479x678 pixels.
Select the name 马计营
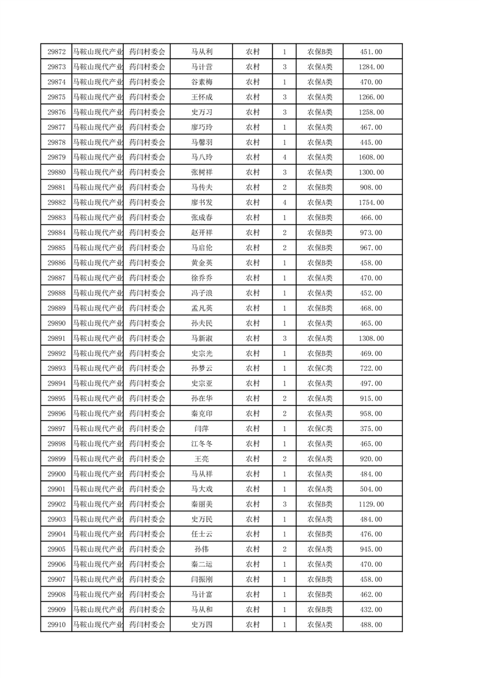tap(202, 67)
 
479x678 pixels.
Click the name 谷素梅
tap(202, 82)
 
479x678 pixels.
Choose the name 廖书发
tap(202, 202)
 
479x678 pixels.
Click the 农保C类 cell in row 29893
tap(320, 369)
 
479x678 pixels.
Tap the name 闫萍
tap(202, 428)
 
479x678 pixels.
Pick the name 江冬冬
tap(202, 444)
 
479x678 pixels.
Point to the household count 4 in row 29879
tap(285, 157)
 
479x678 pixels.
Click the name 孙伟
tap(202, 549)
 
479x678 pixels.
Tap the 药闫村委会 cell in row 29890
tap(147, 323)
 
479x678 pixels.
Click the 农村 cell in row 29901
tap(252, 489)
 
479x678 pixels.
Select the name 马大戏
tap(202, 489)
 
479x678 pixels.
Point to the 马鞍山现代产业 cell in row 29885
tap(97, 248)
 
